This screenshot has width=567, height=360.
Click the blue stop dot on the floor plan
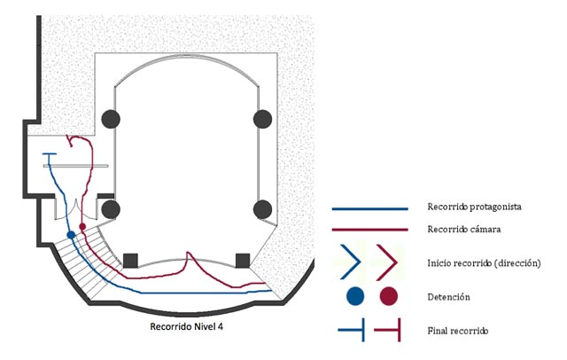point(71,234)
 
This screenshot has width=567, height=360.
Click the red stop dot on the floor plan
point(82,227)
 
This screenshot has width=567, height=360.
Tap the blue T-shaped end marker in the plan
point(50,156)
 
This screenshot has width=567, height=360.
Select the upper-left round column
point(111,118)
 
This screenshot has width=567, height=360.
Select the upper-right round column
point(261,118)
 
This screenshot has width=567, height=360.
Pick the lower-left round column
point(111,209)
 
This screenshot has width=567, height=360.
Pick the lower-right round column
point(261,209)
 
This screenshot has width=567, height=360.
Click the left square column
point(130,260)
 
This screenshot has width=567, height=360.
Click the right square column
point(242,260)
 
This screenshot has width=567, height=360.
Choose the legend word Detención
point(447,296)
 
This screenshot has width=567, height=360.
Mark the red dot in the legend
point(388,295)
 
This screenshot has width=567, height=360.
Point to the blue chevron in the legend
point(352,262)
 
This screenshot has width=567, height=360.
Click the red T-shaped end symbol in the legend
point(390,331)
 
